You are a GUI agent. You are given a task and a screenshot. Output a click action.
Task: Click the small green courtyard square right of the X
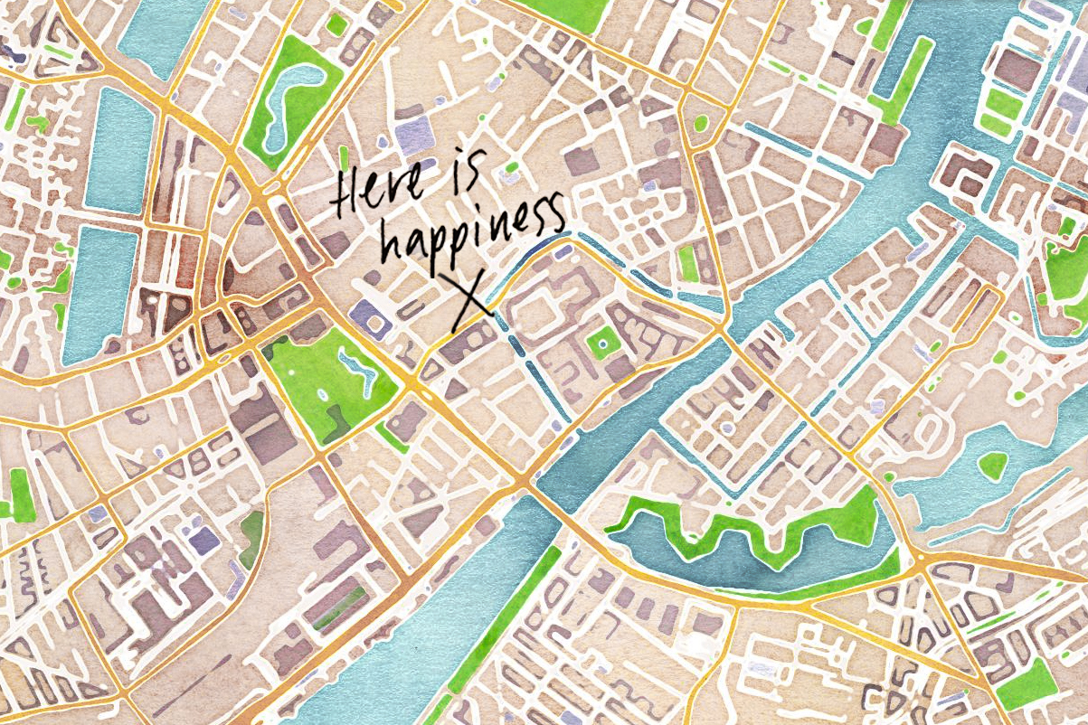tap(599, 343)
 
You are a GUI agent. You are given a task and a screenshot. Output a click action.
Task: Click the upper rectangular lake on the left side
tap(120, 150)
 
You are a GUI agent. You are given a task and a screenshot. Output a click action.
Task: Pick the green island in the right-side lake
tap(992, 466)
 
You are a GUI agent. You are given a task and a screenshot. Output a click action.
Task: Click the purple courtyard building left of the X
tap(366, 315)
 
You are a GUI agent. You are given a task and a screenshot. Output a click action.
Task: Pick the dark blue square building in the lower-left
tap(204, 540)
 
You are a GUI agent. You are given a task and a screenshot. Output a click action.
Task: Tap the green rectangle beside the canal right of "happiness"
tap(688, 263)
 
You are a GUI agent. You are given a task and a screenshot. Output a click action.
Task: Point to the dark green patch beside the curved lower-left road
tap(251, 539)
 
